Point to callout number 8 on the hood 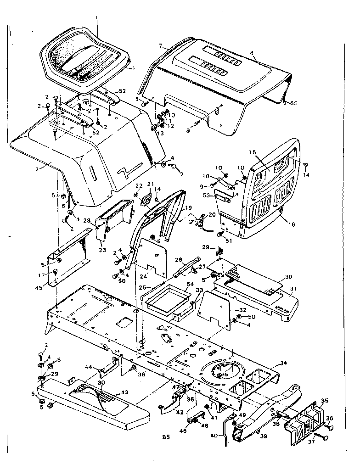[x=251, y=53]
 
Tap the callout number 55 [x=294, y=104]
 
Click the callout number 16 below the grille [x=292, y=224]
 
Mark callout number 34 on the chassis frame [x=283, y=363]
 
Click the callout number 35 [x=325, y=400]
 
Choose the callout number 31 [x=294, y=288]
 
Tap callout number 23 [x=102, y=250]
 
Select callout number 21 [x=150, y=185]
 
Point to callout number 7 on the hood [x=160, y=46]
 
